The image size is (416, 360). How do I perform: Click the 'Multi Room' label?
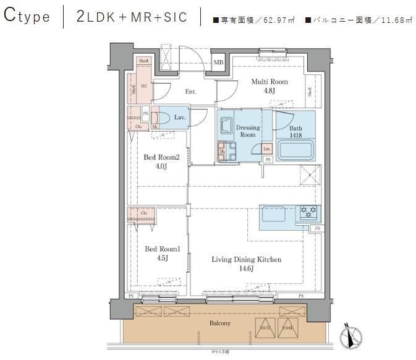[269, 82]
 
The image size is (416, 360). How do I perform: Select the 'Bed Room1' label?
[162, 249]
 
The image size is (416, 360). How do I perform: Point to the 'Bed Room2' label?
[161, 157]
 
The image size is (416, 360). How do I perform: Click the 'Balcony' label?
[219, 324]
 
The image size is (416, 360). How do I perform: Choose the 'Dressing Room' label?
[247, 131]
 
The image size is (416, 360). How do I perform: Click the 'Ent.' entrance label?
[190, 92]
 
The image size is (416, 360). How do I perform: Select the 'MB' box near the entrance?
[218, 62]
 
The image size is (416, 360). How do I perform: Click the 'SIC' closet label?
[143, 86]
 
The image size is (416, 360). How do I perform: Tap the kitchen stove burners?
[307, 213]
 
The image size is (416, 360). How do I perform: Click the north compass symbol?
[350, 336]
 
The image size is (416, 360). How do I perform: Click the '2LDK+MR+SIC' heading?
[132, 17]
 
